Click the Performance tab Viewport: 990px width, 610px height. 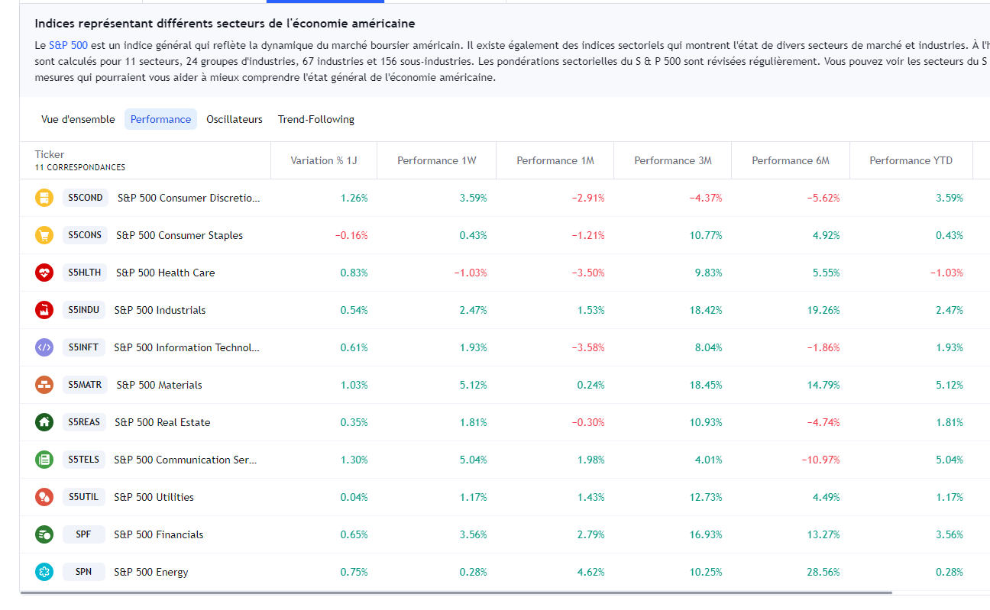pyautogui.click(x=160, y=119)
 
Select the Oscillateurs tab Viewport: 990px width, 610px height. pyautogui.click(x=235, y=119)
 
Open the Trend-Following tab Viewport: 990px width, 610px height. pyautogui.click(x=316, y=119)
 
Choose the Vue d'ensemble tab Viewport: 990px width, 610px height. pyautogui.click(x=78, y=119)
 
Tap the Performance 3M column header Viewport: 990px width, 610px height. pyautogui.click(x=672, y=160)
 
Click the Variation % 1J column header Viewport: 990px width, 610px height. pyautogui.click(x=324, y=160)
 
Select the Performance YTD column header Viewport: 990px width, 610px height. pyautogui.click(x=911, y=160)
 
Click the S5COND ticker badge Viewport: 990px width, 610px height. pyautogui.click(x=85, y=198)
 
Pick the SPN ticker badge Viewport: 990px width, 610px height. pyautogui.click(x=83, y=572)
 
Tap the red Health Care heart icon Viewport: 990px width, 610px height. pyautogui.click(x=44, y=273)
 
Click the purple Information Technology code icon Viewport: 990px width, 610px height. pyautogui.click(x=44, y=347)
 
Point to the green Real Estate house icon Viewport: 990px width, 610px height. pyautogui.click(x=44, y=422)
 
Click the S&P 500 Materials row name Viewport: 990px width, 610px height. pyautogui.click(x=159, y=385)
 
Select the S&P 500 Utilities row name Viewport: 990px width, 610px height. pyautogui.click(x=154, y=497)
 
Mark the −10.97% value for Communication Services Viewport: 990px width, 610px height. pyautogui.click(x=820, y=460)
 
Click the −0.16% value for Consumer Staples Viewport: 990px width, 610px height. pyautogui.click(x=351, y=235)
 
